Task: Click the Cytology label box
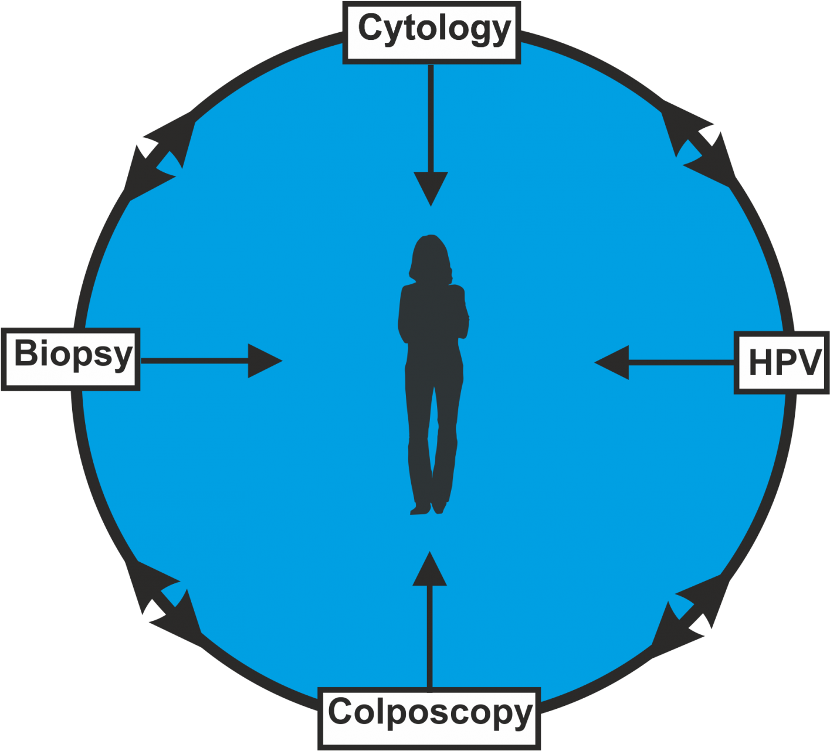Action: click(432, 32)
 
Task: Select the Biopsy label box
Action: click(70, 359)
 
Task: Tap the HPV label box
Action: click(782, 363)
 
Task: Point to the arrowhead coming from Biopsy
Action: click(263, 361)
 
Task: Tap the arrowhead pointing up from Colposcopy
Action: click(430, 570)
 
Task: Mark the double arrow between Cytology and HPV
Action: click(698, 147)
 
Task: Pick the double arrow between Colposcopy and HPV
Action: click(692, 607)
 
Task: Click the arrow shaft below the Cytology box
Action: click(431, 117)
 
